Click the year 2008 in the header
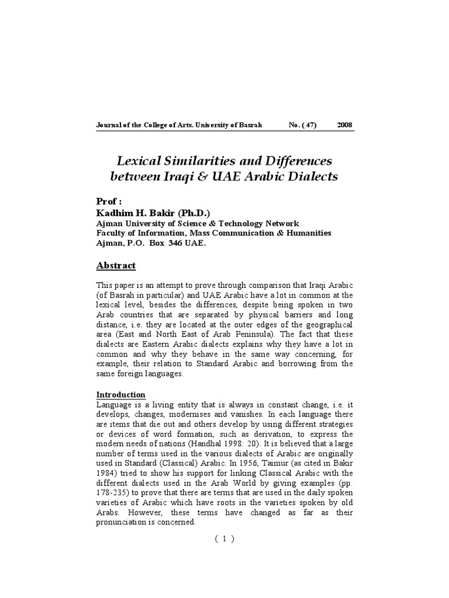pyautogui.click(x=345, y=126)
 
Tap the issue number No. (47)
pyautogui.click(x=302, y=126)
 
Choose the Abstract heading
pyautogui.click(x=116, y=266)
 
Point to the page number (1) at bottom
pyautogui.click(x=224, y=539)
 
